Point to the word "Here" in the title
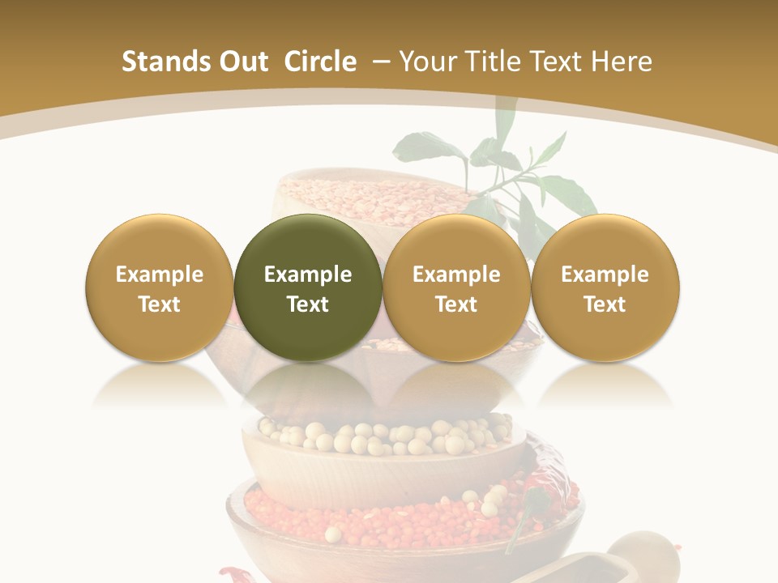click(x=622, y=62)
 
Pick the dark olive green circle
click(x=308, y=287)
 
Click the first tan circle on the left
click(x=159, y=287)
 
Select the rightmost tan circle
click(x=605, y=287)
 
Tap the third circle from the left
click(x=456, y=287)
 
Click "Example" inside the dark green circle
click(x=308, y=274)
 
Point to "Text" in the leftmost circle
click(x=159, y=304)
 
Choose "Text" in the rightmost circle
click(x=605, y=304)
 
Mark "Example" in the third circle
click(x=456, y=274)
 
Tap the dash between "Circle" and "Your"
click(x=378, y=62)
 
